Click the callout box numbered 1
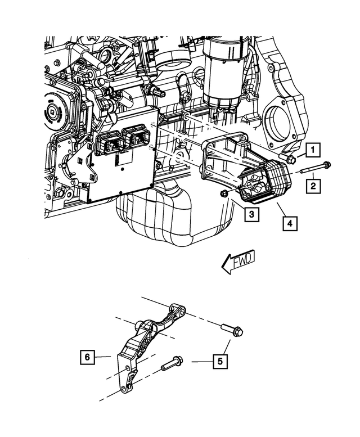[x=313, y=150]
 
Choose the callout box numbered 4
[x=290, y=224]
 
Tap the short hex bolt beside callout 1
[x=290, y=160]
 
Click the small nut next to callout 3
[x=223, y=194]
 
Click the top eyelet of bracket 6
[x=179, y=309]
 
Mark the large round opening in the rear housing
[x=276, y=122]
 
